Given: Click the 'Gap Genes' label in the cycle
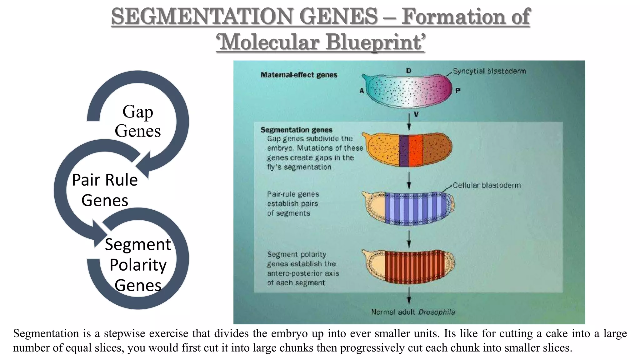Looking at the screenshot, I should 137,121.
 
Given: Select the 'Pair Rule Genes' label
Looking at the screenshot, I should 105,190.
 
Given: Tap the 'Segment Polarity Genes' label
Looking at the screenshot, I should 138,264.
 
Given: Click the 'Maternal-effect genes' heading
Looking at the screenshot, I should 299,75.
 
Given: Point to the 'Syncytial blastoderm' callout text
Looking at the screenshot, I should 489,71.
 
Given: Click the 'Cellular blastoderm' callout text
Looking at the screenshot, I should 487,185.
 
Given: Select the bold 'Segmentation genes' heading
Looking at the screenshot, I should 296,130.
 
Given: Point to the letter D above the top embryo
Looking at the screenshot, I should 408,71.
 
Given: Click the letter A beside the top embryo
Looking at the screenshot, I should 362,91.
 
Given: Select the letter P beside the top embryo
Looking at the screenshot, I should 457,91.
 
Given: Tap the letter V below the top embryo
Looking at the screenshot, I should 416,115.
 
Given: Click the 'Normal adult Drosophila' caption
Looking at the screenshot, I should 413,312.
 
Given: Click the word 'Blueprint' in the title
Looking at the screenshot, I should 375,42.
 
